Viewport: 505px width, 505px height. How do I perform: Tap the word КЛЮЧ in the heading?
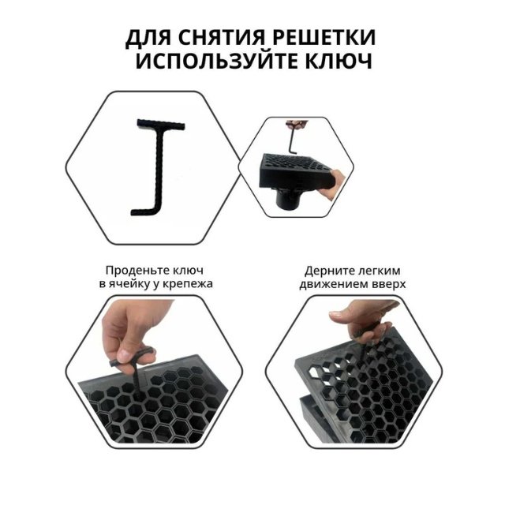(x=339, y=61)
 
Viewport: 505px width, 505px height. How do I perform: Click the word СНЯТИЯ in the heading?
(x=221, y=38)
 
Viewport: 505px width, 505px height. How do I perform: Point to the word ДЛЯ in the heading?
(x=148, y=39)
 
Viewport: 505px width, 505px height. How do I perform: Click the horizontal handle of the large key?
(x=161, y=125)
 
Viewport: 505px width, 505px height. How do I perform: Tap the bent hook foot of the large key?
(x=144, y=211)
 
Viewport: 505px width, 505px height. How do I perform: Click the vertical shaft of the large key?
(x=159, y=169)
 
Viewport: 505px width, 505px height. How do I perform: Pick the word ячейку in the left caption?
(x=128, y=284)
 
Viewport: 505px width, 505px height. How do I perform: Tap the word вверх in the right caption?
(x=389, y=284)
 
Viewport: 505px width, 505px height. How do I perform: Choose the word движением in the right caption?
(x=335, y=284)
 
